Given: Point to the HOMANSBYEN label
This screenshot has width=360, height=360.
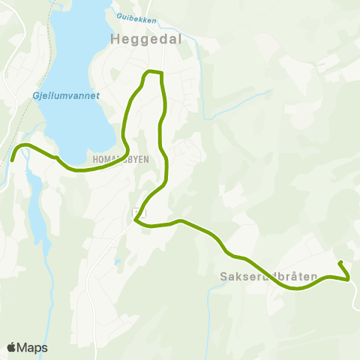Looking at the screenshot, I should pyautogui.click(x=120, y=160).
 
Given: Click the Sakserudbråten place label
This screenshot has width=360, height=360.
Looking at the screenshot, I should pyautogui.click(x=268, y=276).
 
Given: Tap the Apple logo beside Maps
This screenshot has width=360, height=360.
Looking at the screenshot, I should pyautogui.click(x=11, y=347).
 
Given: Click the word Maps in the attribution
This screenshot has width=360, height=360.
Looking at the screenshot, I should pyautogui.click(x=32, y=347).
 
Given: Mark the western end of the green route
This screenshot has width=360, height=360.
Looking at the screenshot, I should pyautogui.click(x=12, y=160).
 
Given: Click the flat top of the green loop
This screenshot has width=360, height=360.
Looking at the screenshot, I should pyautogui.click(x=153, y=71).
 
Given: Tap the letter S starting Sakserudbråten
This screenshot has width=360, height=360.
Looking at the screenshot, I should pyautogui.click(x=223, y=276).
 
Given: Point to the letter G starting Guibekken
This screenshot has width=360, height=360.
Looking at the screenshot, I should pyautogui.click(x=118, y=16).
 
